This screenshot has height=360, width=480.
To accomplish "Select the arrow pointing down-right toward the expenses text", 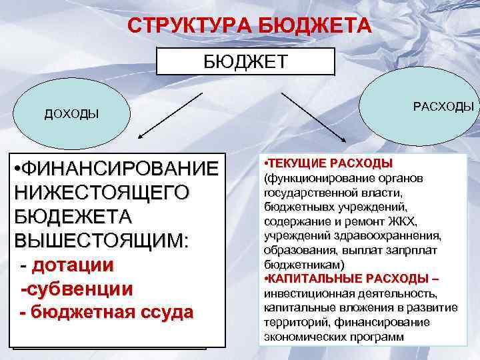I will [313, 116].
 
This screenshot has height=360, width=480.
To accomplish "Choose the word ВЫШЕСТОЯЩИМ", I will [100, 241].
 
